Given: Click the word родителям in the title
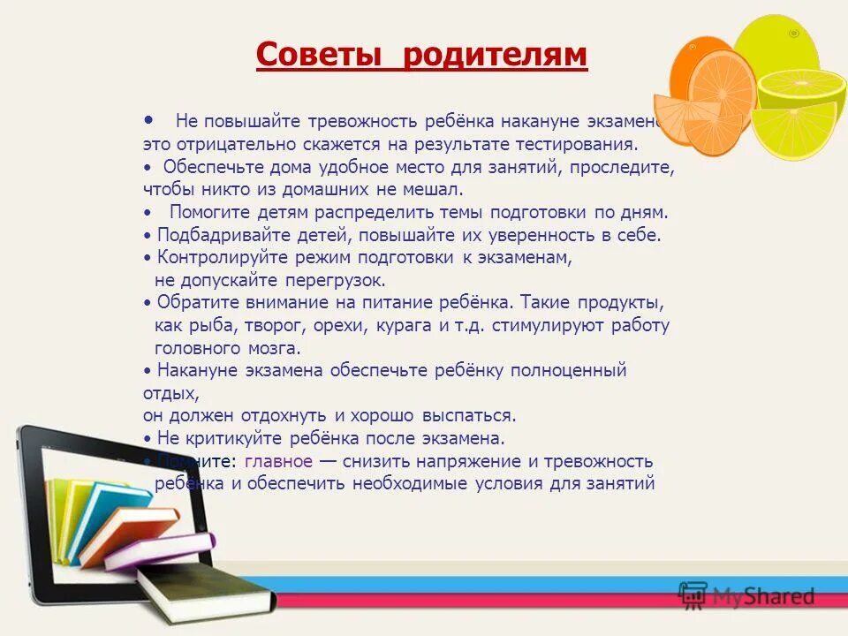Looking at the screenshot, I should coord(495,55).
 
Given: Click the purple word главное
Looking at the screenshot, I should coord(278,461).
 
